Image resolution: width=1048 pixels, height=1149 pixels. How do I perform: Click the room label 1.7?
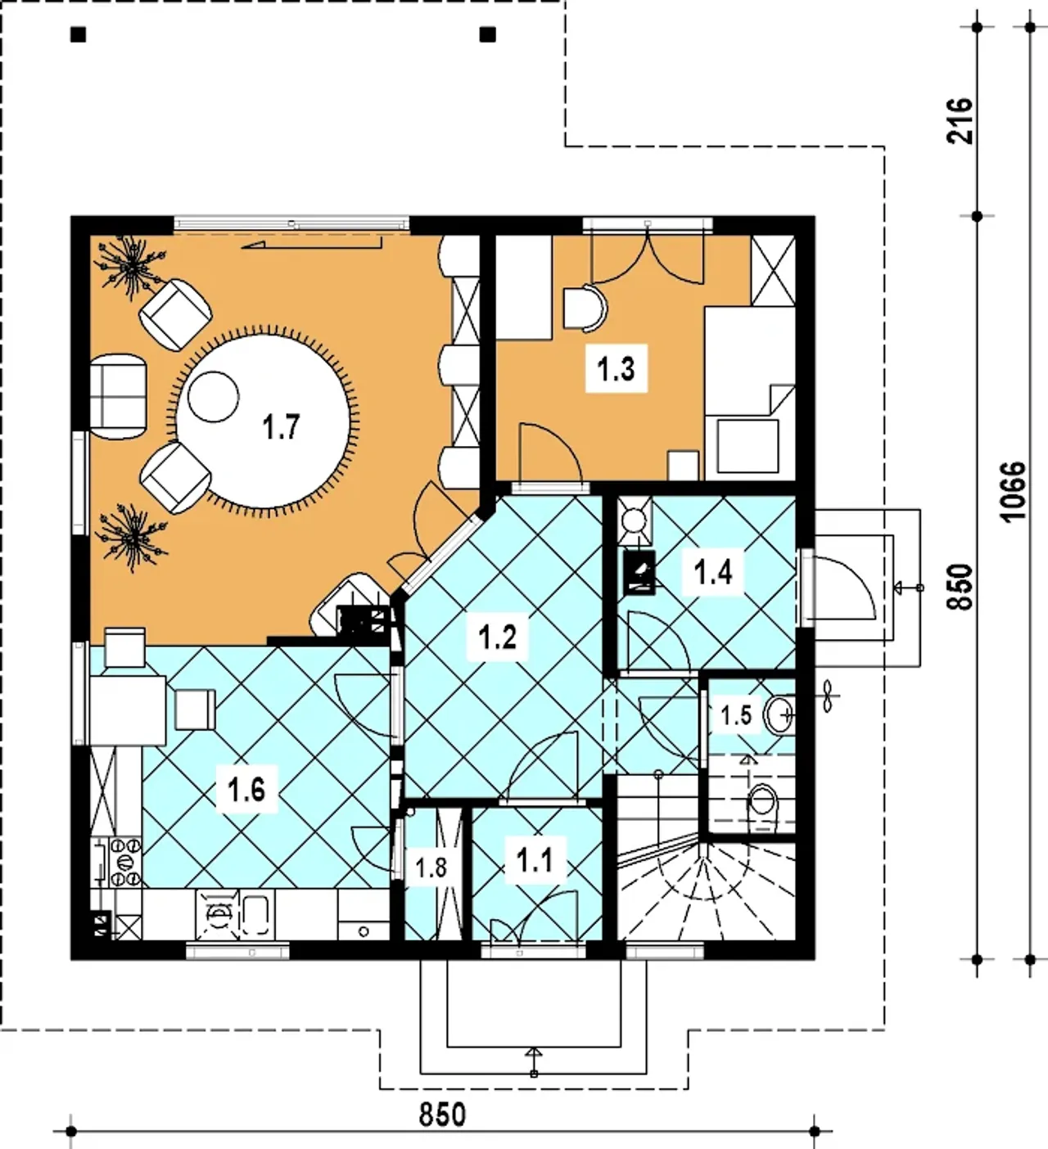pos(281,427)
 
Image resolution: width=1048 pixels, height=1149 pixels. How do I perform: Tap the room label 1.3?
pos(616,368)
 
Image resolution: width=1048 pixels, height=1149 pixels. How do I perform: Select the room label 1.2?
pos(498,637)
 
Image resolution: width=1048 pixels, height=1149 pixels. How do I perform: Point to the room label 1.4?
pos(712,572)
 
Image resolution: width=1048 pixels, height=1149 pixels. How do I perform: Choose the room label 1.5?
pos(735,715)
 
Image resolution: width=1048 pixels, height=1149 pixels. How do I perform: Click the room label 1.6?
pos(246,791)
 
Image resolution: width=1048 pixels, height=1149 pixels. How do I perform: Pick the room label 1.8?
pos(431,867)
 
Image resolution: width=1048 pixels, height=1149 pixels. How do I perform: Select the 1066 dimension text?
pos(1013,491)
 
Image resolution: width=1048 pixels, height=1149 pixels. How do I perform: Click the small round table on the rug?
pos(213,397)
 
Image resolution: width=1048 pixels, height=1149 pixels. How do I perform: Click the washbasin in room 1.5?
pos(779,714)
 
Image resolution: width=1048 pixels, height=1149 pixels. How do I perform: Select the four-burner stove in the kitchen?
pos(125,862)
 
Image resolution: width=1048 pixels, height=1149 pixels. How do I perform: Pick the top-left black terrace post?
pos(79,35)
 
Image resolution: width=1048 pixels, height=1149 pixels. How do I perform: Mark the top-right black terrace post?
pos(488,35)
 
